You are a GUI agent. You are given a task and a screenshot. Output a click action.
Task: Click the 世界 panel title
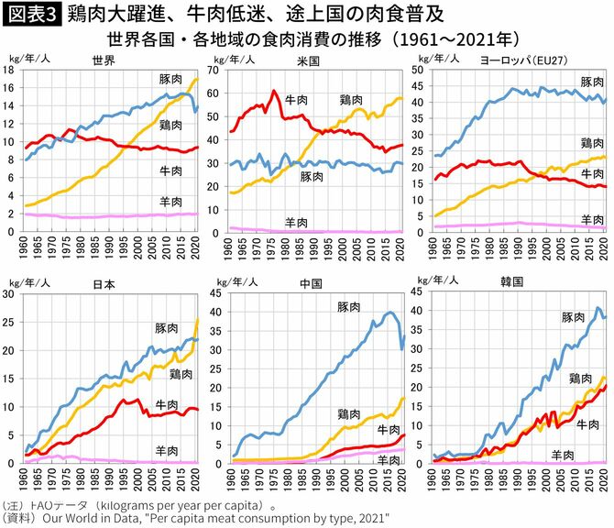coord(103,60)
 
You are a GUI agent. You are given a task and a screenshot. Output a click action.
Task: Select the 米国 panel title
coord(310,60)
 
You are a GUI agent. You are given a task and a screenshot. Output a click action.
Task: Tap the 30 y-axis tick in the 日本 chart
coord(12,294)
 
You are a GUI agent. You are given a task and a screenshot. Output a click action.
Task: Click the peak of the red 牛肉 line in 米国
coord(274,91)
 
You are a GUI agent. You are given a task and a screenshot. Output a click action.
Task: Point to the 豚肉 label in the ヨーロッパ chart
coord(591,82)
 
